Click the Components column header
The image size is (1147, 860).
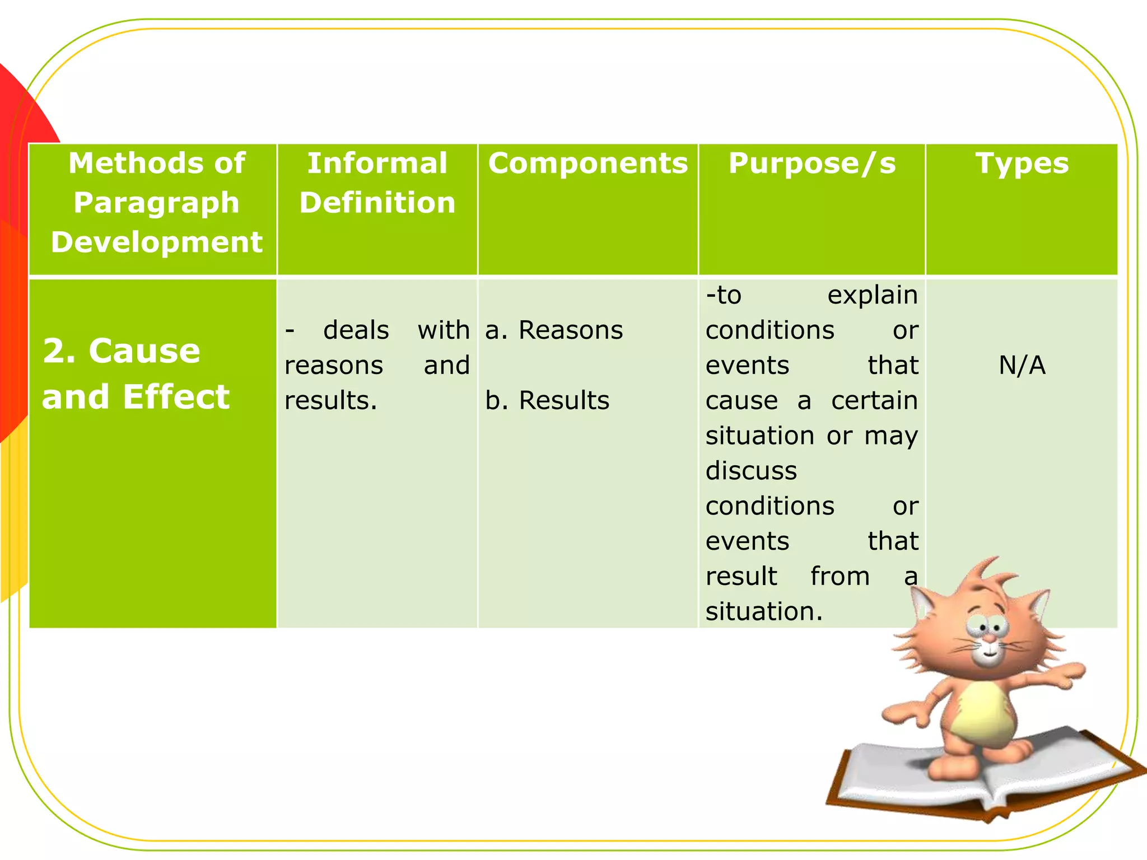click(x=588, y=164)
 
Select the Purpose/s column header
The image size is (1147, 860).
click(x=812, y=164)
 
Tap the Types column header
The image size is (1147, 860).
click(x=1022, y=164)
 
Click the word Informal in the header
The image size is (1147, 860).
click(x=377, y=164)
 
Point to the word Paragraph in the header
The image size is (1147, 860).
click(x=156, y=203)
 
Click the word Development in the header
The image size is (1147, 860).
click(x=156, y=242)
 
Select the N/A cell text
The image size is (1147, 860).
click(x=1022, y=366)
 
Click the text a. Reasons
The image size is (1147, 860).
click(x=553, y=330)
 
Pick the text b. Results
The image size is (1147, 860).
click(x=547, y=400)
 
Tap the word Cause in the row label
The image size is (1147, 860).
click(x=144, y=352)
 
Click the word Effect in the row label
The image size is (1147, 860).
click(x=176, y=398)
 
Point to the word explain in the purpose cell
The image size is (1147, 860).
click(x=872, y=295)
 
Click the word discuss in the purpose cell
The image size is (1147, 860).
click(x=750, y=471)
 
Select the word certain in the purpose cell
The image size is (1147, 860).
click(x=874, y=401)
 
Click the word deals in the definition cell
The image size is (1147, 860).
click(x=356, y=330)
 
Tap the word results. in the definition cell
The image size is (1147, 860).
click(x=330, y=401)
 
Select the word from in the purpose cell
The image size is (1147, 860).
click(x=840, y=577)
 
